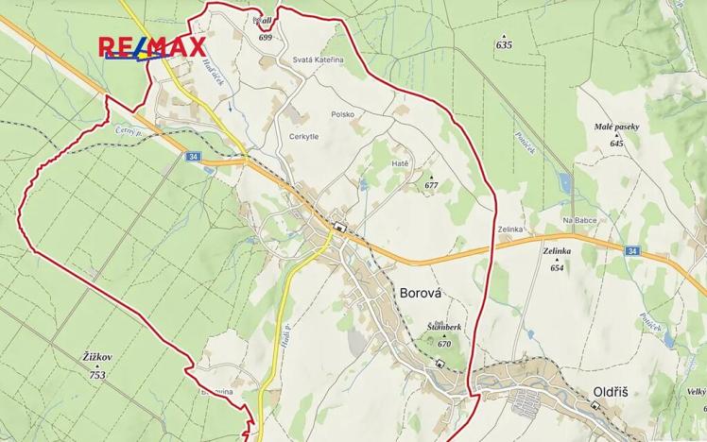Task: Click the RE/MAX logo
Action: (152, 47)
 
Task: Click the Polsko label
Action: (342, 114)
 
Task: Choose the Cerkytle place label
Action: (305, 137)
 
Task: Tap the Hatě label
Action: (400, 163)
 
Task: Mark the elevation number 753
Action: (97, 375)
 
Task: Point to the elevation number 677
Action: (432, 185)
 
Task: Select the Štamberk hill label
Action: (443, 327)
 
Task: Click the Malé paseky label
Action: (616, 127)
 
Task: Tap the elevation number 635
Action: (503, 44)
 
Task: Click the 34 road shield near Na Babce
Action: (632, 250)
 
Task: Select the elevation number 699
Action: (265, 37)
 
